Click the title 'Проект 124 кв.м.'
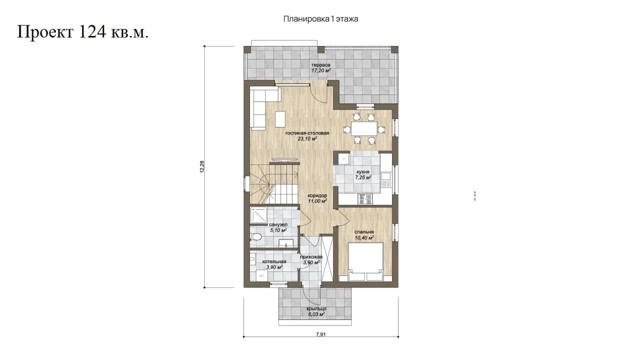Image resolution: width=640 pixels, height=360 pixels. click(83, 32)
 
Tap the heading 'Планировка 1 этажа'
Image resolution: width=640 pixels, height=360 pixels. click(320, 19)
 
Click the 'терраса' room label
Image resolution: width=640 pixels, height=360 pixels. click(321, 65)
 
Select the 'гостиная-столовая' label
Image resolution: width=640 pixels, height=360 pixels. click(307, 133)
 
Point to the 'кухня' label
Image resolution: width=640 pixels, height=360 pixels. click(363, 172)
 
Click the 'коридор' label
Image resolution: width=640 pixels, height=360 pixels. click(317, 195)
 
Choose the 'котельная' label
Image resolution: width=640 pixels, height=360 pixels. click(274, 261)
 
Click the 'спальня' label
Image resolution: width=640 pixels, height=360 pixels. click(364, 232)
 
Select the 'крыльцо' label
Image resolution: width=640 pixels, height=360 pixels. click(316, 309)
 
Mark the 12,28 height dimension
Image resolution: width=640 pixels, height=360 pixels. click(202, 167)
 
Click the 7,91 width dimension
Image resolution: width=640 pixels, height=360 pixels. click(321, 334)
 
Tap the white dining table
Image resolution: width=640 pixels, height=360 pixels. click(364, 129)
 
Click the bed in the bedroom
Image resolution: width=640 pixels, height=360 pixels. click(365, 261)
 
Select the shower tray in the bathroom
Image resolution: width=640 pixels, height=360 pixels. click(258, 215)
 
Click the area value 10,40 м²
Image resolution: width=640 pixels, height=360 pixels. click(364, 237)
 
